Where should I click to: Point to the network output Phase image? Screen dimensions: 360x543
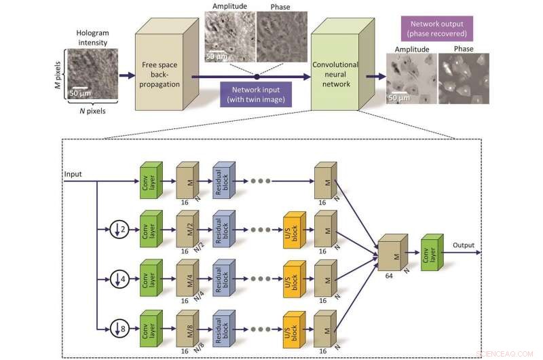tap(464, 79)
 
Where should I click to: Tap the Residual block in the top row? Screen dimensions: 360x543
tap(223, 181)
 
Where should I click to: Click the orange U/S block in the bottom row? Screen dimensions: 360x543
tap(292, 329)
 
